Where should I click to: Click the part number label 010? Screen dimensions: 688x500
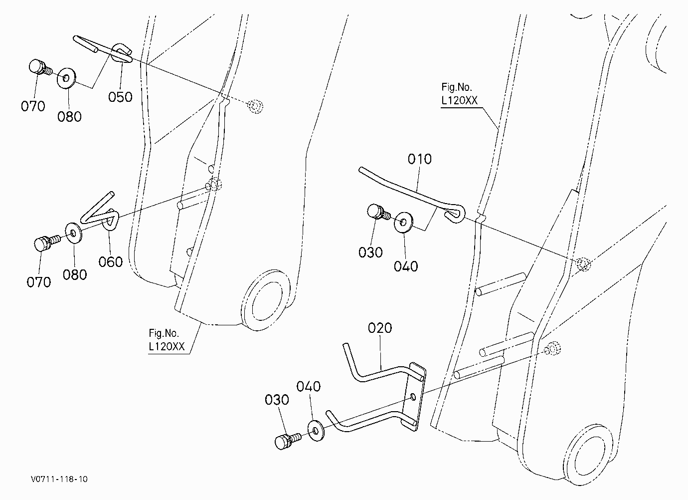click(420, 159)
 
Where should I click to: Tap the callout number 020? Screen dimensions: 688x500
click(380, 328)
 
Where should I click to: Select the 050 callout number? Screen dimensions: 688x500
click(120, 97)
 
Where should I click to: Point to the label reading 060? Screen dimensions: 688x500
click(111, 262)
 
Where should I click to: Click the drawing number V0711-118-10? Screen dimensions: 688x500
click(59, 479)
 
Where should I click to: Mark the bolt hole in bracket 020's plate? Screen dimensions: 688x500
click(413, 397)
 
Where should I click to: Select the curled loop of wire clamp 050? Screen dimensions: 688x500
click(121, 53)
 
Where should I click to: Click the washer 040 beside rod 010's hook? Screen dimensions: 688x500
click(404, 222)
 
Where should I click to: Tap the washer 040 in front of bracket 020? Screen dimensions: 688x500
click(316, 431)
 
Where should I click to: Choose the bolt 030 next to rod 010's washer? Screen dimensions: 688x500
click(378, 212)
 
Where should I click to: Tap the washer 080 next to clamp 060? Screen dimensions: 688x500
click(73, 234)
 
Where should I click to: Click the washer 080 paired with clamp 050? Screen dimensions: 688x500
click(67, 78)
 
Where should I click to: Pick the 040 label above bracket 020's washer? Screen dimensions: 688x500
click(309, 387)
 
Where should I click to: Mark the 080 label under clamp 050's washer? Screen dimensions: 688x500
click(69, 117)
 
